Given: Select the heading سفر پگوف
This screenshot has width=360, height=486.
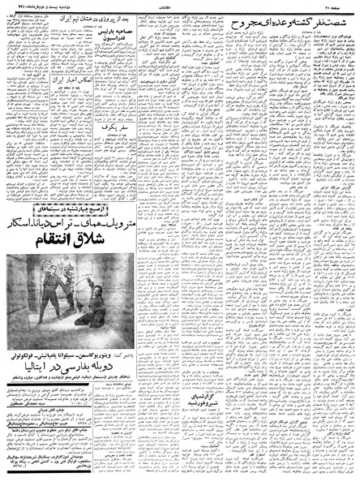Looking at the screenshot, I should click(92, 151).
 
